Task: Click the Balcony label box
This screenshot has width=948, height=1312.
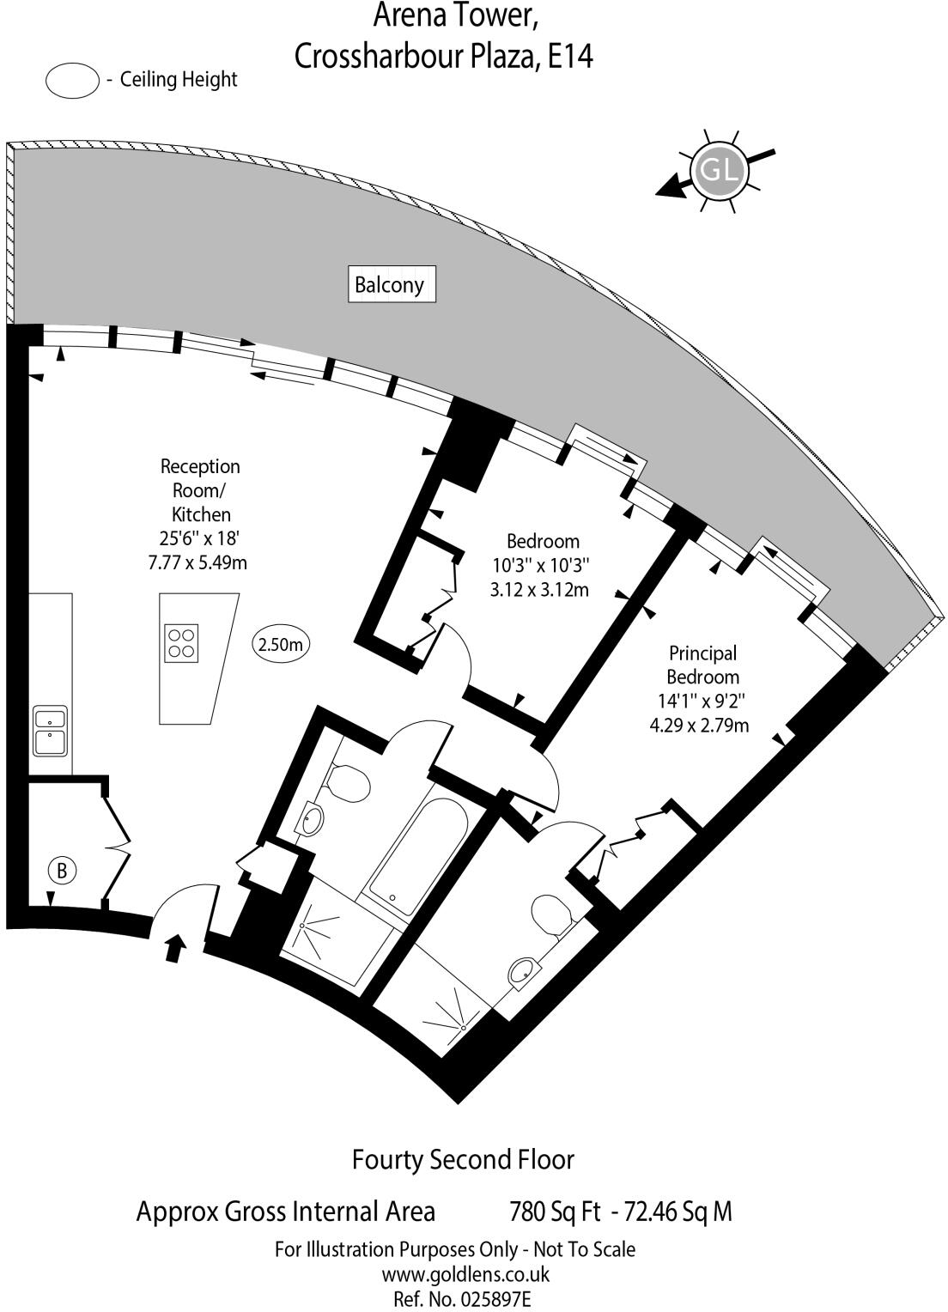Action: [389, 284]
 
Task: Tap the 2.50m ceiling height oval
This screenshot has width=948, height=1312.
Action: [281, 644]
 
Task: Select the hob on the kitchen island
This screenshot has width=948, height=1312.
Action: [182, 642]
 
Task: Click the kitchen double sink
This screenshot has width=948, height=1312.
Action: [50, 730]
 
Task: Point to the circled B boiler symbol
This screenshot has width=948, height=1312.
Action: [62, 871]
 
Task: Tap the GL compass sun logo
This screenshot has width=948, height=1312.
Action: [718, 170]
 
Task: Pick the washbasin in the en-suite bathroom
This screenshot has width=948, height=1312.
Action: [522, 971]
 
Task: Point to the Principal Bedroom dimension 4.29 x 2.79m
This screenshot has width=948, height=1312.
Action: [699, 725]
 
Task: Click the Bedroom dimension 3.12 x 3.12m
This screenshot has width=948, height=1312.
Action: [539, 590]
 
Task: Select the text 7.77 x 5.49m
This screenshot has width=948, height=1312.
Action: [197, 563]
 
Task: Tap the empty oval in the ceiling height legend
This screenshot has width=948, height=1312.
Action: [72, 81]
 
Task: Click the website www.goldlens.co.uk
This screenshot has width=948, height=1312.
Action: [465, 1274]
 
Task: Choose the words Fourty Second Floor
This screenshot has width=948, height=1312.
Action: [463, 1160]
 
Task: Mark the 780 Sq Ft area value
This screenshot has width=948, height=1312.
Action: [555, 1212]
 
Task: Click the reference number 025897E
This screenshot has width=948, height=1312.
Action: [498, 1299]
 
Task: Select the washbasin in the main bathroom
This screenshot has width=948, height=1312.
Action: [312, 819]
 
